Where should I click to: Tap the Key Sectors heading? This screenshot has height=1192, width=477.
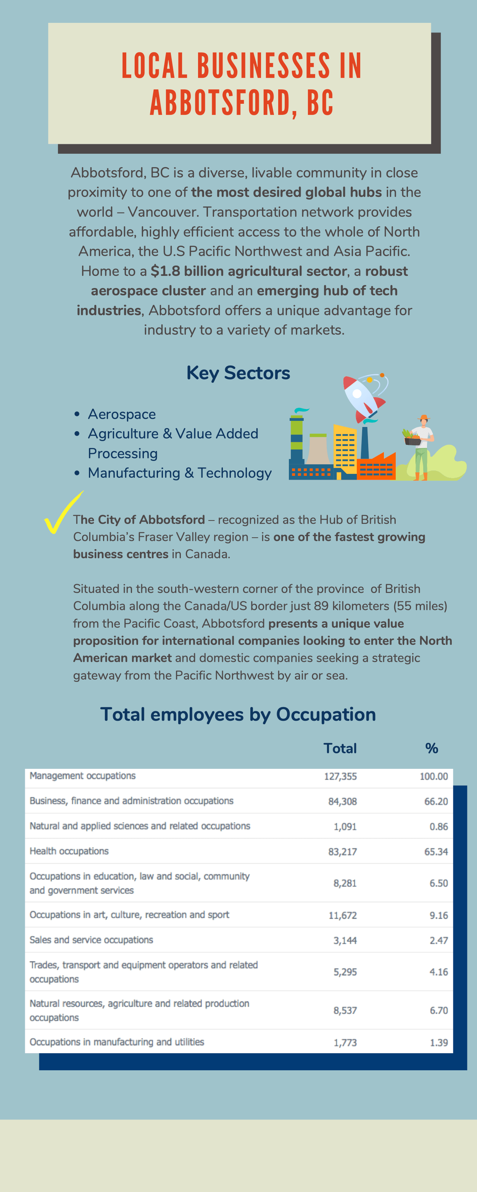click(x=238, y=373)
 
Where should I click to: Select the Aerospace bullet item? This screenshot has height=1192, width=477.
click(x=122, y=414)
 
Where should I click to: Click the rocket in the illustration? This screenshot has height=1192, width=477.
click(x=364, y=398)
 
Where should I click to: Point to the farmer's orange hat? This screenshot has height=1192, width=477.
click(x=423, y=417)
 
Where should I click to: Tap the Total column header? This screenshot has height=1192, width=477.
click(x=340, y=748)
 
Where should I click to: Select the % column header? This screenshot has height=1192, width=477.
click(x=431, y=748)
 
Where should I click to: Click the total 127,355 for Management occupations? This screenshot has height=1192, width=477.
click(x=340, y=776)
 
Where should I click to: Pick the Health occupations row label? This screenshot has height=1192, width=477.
click(x=69, y=851)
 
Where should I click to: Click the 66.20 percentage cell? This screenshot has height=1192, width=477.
click(x=436, y=801)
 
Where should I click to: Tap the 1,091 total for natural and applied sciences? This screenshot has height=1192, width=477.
click(x=345, y=826)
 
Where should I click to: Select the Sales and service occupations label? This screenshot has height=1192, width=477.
click(x=91, y=940)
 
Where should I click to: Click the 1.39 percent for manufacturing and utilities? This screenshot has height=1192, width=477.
click(x=438, y=1042)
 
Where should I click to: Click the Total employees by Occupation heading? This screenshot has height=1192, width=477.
click(x=238, y=714)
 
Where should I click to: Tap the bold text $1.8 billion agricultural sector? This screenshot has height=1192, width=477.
click(x=248, y=271)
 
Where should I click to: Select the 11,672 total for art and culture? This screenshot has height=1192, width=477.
click(x=342, y=915)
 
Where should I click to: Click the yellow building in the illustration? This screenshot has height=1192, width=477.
click(x=345, y=449)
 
